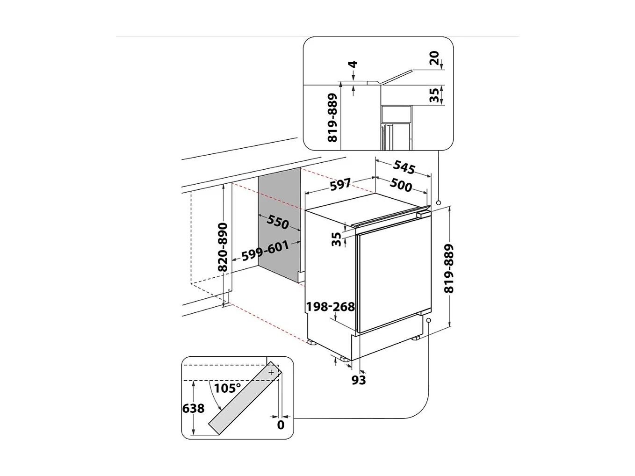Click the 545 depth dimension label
coord(404,166)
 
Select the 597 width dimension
coord(340,185)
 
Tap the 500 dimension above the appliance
coord(401,186)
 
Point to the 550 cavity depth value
coord(278,222)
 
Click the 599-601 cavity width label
coord(265,251)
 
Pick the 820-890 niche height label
coord(223,247)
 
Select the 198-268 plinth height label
coord(330,307)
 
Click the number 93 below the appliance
coord(359,380)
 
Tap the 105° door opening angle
coord(227,388)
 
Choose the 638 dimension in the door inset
coord(194,408)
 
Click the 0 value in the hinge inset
coord(281,425)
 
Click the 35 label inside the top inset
coord(434,95)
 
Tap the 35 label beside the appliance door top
coord(336,239)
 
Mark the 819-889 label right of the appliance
coord(449,268)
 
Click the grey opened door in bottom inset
coord(243,401)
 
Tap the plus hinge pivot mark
coord(271,372)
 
